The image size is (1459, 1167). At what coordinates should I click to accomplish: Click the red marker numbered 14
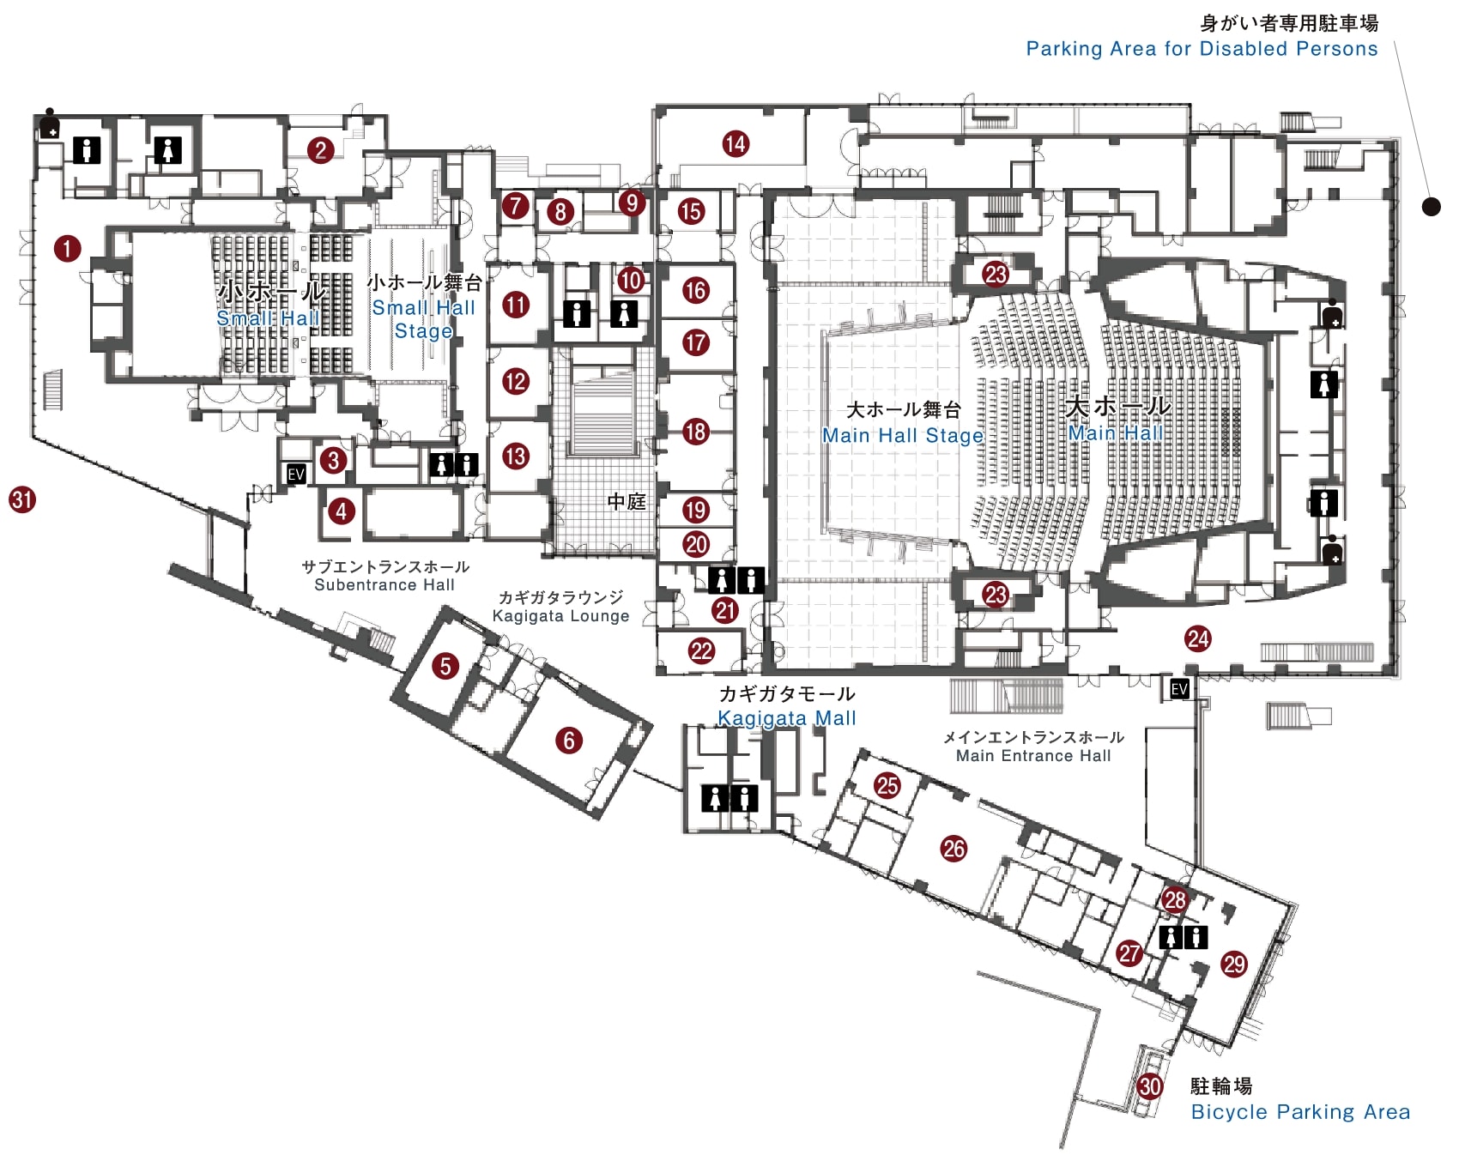(736, 144)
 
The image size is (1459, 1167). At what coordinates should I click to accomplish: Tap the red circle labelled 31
(22, 499)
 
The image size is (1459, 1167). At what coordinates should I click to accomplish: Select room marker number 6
(569, 741)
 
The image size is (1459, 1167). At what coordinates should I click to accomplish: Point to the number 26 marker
(953, 849)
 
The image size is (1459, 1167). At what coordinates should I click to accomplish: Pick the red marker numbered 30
(1150, 1086)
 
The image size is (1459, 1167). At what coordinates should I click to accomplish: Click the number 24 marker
(1198, 638)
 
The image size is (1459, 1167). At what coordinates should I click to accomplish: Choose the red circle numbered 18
(695, 432)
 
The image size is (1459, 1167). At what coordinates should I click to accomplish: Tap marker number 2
(321, 150)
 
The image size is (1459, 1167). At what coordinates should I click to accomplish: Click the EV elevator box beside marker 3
(296, 474)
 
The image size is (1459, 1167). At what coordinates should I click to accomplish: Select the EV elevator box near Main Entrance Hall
(1179, 689)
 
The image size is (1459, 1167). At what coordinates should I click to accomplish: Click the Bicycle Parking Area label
(1300, 1112)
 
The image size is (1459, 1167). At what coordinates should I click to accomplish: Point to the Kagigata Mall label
(787, 718)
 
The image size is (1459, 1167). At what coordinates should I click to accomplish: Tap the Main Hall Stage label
(903, 435)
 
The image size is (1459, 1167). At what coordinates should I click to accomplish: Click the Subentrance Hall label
(384, 585)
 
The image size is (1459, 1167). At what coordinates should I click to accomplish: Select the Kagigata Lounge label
(560, 616)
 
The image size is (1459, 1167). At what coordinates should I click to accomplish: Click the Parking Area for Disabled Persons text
(1202, 49)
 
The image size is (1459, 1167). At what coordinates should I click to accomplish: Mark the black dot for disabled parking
(1431, 206)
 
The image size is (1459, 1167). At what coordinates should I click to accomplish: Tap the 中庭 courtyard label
(627, 502)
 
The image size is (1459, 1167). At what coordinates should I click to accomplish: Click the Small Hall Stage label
(424, 319)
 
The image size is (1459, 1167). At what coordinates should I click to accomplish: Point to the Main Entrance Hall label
(1033, 756)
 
